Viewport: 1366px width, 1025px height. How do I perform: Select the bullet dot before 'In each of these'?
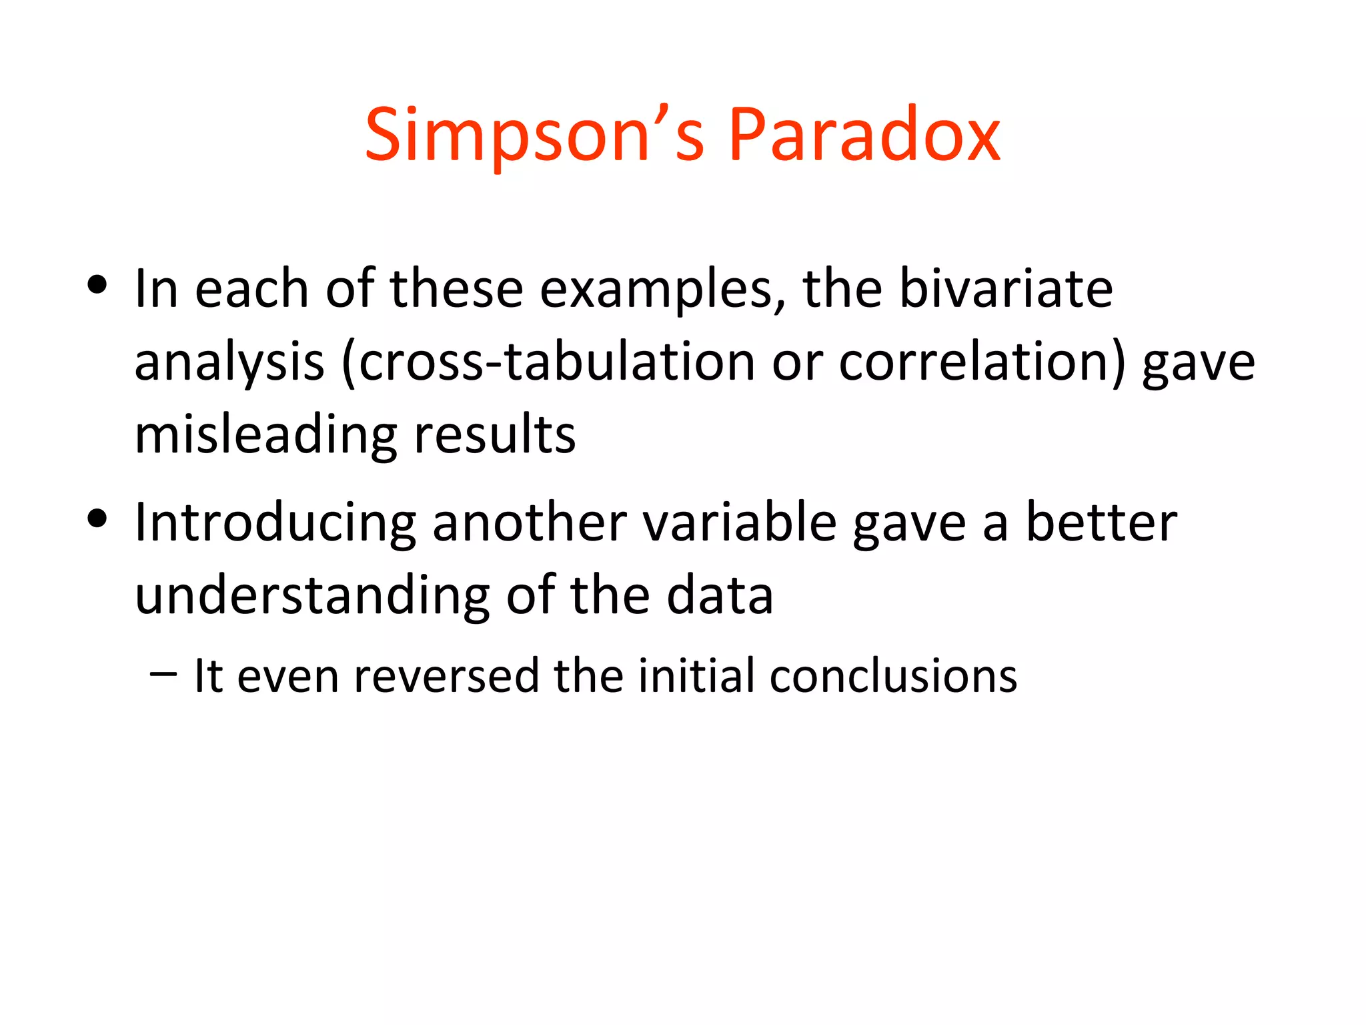point(97,286)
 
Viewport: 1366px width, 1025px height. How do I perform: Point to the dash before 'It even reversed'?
point(164,674)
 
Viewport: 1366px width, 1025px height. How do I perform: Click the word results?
point(494,435)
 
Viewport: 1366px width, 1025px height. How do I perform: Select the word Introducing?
point(275,523)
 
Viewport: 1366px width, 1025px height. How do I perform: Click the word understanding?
point(312,595)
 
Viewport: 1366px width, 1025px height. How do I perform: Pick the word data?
point(720,595)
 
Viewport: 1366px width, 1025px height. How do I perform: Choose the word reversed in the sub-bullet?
point(446,676)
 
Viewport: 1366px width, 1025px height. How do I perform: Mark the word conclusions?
point(893,676)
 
